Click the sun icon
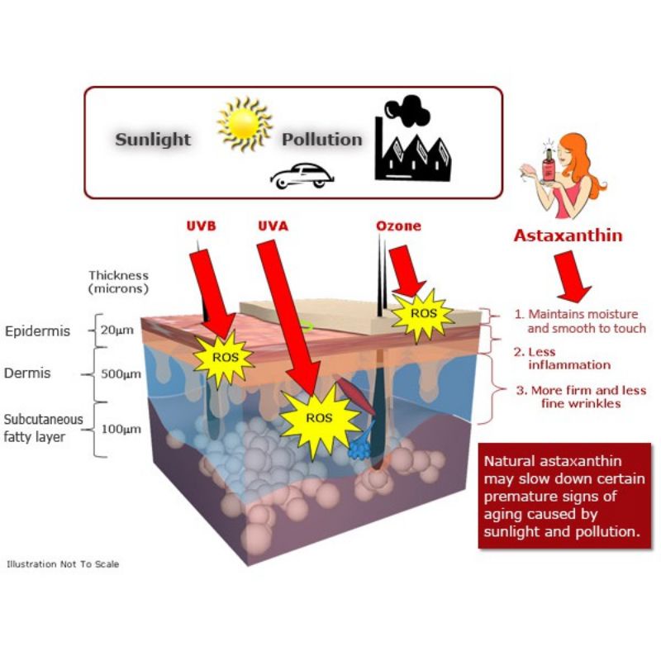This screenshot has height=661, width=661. tap(244, 125)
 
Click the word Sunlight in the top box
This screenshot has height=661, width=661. tap(153, 139)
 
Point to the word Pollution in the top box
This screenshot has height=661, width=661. tap(322, 139)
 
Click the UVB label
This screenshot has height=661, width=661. tap(202, 226)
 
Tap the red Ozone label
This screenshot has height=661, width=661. tap(398, 226)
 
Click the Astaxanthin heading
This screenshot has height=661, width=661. tap(568, 235)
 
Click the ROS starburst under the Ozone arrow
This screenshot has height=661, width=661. tap(422, 315)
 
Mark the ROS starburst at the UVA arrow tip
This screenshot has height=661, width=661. tap(319, 418)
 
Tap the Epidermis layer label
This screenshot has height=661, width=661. tap(38, 331)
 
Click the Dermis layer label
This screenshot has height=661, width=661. tap(27, 373)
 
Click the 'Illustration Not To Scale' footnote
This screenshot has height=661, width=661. tap(63, 564)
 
